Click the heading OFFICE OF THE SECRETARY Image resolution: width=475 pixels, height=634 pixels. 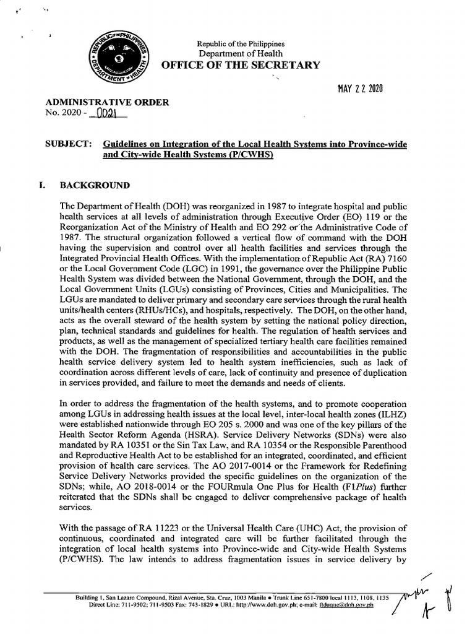(x=241, y=66)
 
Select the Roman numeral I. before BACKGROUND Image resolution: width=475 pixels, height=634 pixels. (x=50, y=185)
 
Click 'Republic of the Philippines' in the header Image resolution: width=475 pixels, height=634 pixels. (x=241, y=44)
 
